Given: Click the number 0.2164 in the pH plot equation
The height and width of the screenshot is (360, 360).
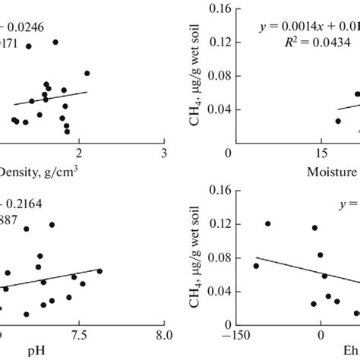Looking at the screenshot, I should pyautogui.click(x=23, y=204).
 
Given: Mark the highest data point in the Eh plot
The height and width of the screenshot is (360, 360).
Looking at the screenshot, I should pyautogui.click(x=268, y=224).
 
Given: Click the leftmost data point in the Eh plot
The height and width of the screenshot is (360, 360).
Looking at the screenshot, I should pyautogui.click(x=256, y=266).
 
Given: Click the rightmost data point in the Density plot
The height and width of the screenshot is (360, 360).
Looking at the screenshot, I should pyautogui.click(x=87, y=73).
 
